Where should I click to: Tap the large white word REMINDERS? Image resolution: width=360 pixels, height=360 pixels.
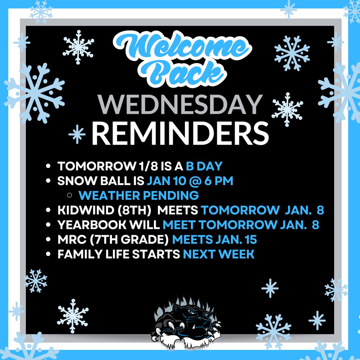tap(180, 133)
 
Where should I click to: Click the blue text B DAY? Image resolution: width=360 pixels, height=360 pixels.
tap(204, 166)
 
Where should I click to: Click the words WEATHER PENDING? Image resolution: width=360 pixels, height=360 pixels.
tap(139, 196)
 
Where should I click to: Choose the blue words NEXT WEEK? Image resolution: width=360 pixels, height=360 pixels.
tap(219, 254)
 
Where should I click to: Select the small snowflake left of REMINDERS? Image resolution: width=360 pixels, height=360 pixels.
tap(77, 134)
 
